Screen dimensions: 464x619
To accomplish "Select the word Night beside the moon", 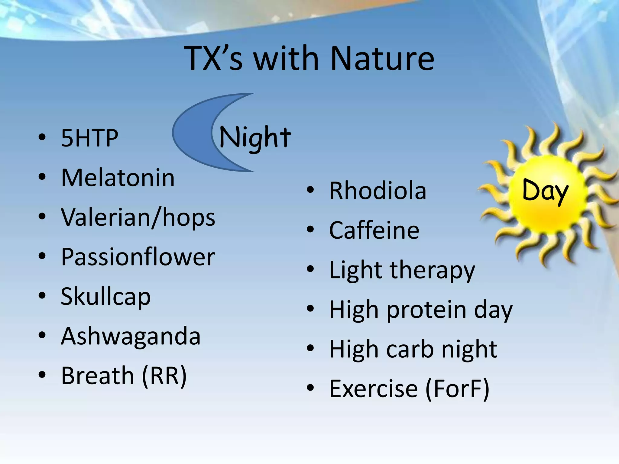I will click(255, 138).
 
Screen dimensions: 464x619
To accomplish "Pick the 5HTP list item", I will click(89, 138).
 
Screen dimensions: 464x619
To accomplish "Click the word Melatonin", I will click(118, 178).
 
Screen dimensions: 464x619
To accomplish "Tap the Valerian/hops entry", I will click(138, 217).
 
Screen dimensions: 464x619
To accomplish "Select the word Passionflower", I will click(138, 257).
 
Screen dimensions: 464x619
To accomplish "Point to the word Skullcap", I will click(105, 297).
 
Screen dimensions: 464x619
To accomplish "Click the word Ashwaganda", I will click(131, 336).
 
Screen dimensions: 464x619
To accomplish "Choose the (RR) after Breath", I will click(164, 376).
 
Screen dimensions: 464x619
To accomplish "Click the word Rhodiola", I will click(378, 191).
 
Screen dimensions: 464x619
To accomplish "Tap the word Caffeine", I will click(374, 230).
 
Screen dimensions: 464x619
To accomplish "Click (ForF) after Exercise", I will click(457, 389).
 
